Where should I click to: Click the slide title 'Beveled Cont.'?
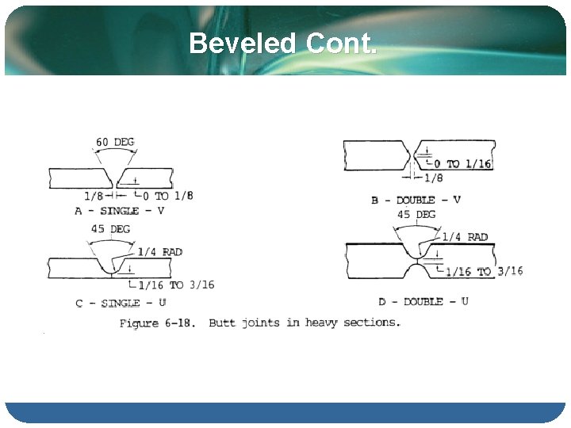[x=283, y=44]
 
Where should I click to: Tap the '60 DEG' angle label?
[x=115, y=143]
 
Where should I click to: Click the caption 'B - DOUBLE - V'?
[x=416, y=200]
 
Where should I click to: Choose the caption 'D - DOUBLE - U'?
[x=424, y=301]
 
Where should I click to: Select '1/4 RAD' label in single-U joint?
[x=160, y=252]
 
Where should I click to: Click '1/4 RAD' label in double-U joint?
[x=465, y=237]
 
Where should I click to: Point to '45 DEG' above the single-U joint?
[x=110, y=229]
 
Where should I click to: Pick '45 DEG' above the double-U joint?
[x=416, y=215]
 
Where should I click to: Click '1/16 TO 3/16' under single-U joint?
[x=176, y=285]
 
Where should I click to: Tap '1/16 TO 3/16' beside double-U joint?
[x=484, y=271]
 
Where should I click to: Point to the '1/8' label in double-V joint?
[x=434, y=178]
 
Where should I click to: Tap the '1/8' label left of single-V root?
[x=94, y=196]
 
